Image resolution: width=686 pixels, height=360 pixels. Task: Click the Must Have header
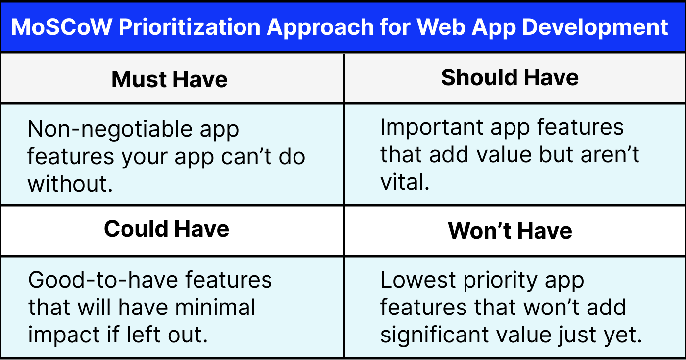(x=170, y=79)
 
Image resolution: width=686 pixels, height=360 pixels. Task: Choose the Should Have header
(x=510, y=78)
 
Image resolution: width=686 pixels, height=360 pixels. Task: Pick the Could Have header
(x=167, y=229)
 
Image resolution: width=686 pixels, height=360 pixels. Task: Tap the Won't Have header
(x=510, y=231)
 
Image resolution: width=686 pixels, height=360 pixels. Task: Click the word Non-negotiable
(x=103, y=129)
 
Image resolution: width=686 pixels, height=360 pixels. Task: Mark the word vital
(x=404, y=182)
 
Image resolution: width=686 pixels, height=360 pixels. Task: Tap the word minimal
(x=216, y=308)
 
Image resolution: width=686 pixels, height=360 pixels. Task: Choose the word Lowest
(x=416, y=280)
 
